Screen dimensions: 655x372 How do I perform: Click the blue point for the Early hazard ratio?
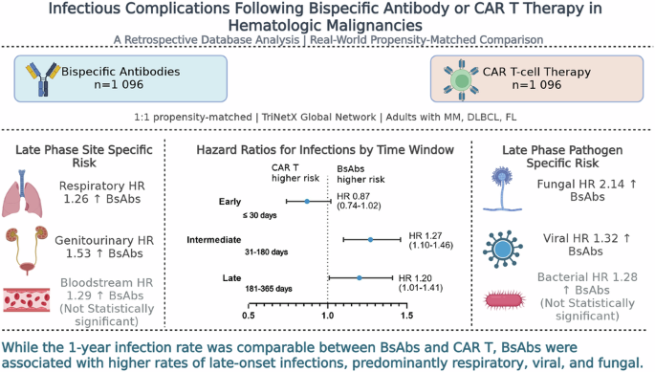coord(307,202)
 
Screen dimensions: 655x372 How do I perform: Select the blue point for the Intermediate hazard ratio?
coord(370,240)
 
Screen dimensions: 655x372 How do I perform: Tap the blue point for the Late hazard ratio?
coord(360,278)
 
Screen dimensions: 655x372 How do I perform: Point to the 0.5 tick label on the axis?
coord(248,316)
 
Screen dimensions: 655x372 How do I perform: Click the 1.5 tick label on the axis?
coord(406,316)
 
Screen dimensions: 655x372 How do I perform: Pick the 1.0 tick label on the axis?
coord(327,316)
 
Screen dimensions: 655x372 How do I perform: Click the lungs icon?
coord(22,193)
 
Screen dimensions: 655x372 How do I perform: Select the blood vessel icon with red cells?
coord(27,299)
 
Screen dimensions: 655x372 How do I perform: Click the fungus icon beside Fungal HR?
coord(503,188)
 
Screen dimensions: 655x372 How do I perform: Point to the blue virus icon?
coord(503,250)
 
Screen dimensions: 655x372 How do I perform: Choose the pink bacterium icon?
coord(504,300)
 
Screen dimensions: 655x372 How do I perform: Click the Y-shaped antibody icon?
coord(43,79)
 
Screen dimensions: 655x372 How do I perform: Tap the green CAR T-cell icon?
coord(461,80)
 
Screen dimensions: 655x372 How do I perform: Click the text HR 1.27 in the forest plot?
coord(425,236)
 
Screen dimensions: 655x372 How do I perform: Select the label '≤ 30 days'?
coord(259,216)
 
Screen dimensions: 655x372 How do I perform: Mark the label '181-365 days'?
coord(269,289)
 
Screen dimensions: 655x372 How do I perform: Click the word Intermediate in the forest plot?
coord(214,240)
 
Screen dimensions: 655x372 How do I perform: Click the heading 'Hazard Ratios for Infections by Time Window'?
coord(325,149)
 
